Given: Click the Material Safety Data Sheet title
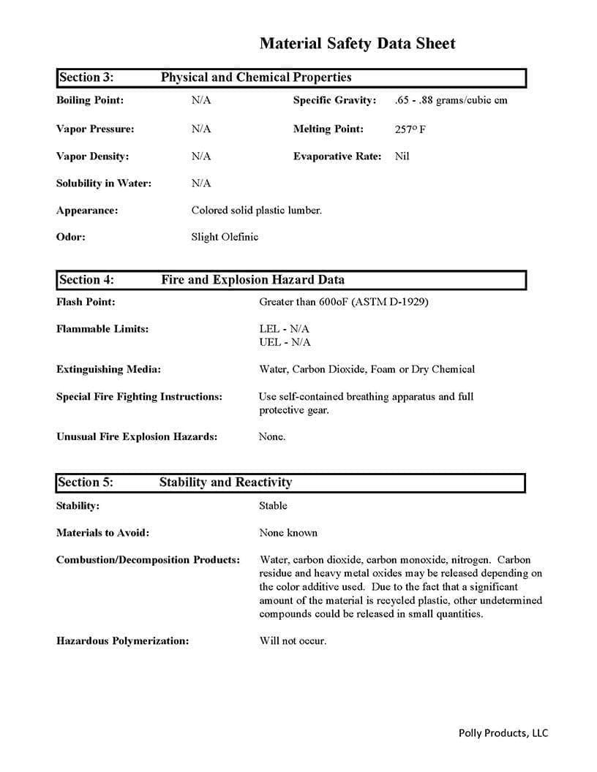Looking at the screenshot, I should point(357,44).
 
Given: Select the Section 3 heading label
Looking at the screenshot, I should point(86,77).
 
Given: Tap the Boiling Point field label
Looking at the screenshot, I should point(90,100).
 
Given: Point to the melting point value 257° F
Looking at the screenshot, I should point(410,129).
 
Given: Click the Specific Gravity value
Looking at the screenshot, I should point(450,100).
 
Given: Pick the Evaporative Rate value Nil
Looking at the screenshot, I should point(402,156).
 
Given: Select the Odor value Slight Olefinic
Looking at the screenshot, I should point(225,237).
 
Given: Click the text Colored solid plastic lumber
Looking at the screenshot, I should point(256,211).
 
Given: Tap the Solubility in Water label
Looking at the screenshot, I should point(104,183).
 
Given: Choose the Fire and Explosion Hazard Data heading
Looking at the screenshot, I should point(252,280).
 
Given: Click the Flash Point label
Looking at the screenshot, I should point(86,302).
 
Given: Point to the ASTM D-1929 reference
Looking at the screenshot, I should point(391,302).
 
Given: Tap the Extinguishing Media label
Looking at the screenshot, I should point(108,370).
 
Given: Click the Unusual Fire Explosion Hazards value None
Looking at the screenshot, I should point(272,437).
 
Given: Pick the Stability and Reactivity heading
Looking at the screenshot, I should point(225,482).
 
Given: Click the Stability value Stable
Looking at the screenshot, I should point(273,506).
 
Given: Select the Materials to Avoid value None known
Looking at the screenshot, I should point(288,533).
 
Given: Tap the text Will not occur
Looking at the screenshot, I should point(293,641).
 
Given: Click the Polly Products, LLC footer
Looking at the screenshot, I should point(503,733).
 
